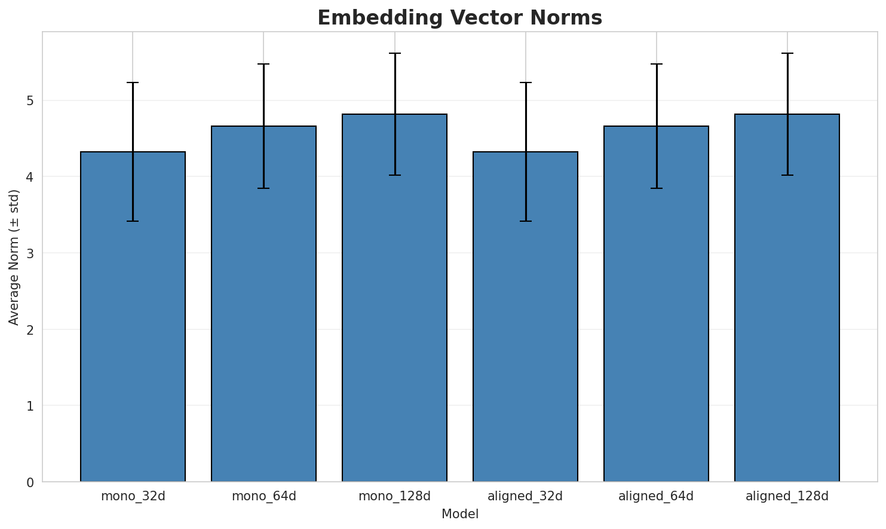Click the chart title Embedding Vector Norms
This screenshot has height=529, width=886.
pyautogui.click(x=459, y=18)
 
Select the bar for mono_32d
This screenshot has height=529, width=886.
pyautogui.click(x=133, y=317)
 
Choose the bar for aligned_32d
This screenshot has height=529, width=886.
pyautogui.click(x=525, y=317)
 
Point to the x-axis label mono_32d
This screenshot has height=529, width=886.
pyautogui.click(x=133, y=496)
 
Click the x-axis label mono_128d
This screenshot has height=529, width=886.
pyautogui.click(x=394, y=496)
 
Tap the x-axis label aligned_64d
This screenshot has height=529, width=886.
pyautogui.click(x=656, y=496)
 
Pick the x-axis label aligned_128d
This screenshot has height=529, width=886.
pyautogui.click(x=787, y=496)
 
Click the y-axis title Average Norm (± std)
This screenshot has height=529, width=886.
pyautogui.click(x=14, y=257)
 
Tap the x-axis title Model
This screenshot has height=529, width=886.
pyautogui.click(x=459, y=514)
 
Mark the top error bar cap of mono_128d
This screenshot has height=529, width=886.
pyautogui.click(x=394, y=53)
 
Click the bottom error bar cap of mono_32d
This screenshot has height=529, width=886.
pyautogui.click(x=133, y=221)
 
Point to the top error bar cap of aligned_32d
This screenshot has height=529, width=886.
pyautogui.click(x=525, y=82)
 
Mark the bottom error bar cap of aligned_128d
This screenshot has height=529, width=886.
pyautogui.click(x=787, y=175)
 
